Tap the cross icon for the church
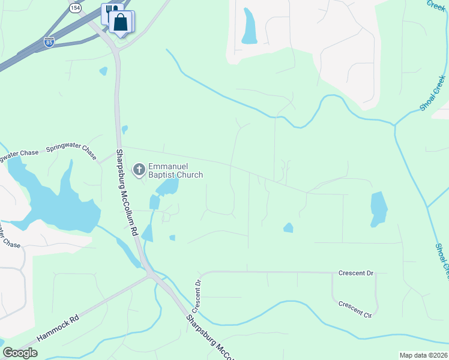[139, 170]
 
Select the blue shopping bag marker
[121, 23]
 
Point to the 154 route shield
[74, 8]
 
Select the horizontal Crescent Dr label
[355, 273]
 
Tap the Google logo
[20, 353]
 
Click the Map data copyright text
[423, 355]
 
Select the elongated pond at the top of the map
[249, 26]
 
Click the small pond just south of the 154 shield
[104, 71]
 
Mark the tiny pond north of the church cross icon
[124, 129]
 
